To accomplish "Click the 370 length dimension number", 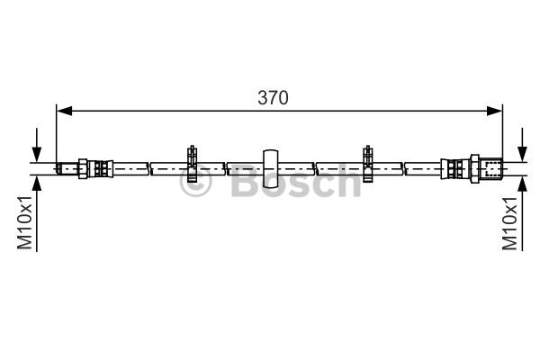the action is click(x=273, y=98).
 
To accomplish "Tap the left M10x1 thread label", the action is click(x=25, y=222).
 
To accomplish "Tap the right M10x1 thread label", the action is click(x=509, y=223).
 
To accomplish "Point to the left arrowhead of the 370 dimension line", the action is click(x=65, y=111).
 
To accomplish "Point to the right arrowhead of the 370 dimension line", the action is click(x=494, y=111).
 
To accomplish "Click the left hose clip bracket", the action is click(x=192, y=164).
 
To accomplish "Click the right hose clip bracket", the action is click(x=368, y=164).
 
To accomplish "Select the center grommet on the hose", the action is click(x=270, y=169).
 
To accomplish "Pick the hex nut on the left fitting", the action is click(x=83, y=169).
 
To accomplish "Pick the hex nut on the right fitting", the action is click(x=475, y=169).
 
